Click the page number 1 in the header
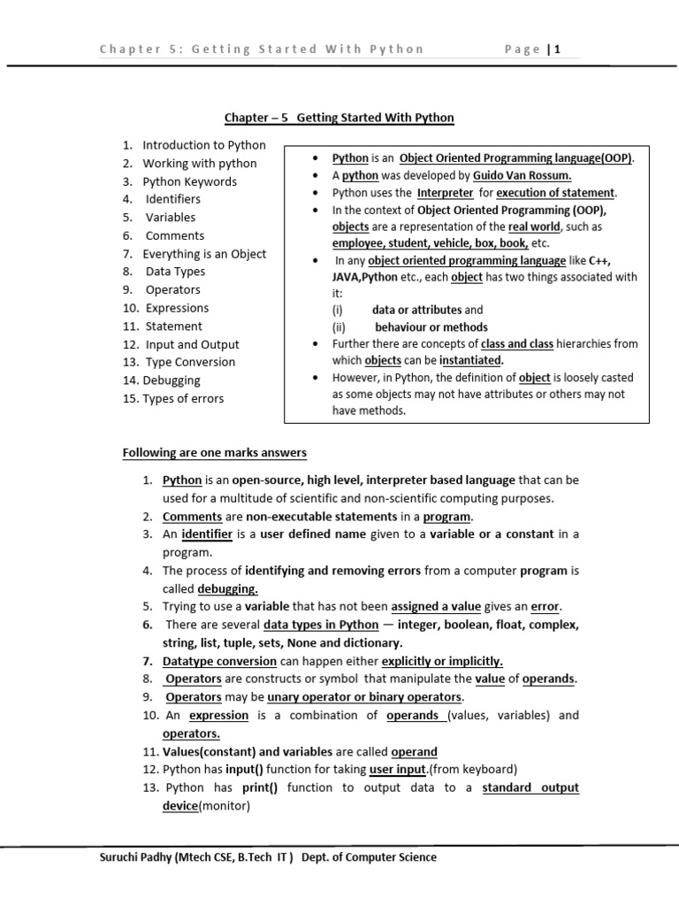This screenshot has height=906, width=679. [x=559, y=50]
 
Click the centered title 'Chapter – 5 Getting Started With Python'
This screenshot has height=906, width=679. [x=339, y=118]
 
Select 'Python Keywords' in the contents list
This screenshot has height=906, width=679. [x=189, y=181]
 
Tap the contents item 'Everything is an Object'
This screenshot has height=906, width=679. [x=204, y=254]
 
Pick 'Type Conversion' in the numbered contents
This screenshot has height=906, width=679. [x=190, y=362]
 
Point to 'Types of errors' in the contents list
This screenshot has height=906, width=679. [x=183, y=398]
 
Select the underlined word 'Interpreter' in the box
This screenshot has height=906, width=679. [x=446, y=193]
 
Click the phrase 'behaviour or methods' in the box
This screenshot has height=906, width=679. [x=431, y=326]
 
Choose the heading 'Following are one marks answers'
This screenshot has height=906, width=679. [x=214, y=453]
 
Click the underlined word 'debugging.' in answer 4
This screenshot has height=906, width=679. [x=227, y=588]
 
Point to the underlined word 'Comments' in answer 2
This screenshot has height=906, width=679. [x=192, y=517]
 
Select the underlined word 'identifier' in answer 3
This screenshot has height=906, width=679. [x=207, y=534]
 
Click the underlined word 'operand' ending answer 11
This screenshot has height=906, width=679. [x=414, y=751]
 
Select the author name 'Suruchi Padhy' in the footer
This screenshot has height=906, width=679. [x=135, y=856]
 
